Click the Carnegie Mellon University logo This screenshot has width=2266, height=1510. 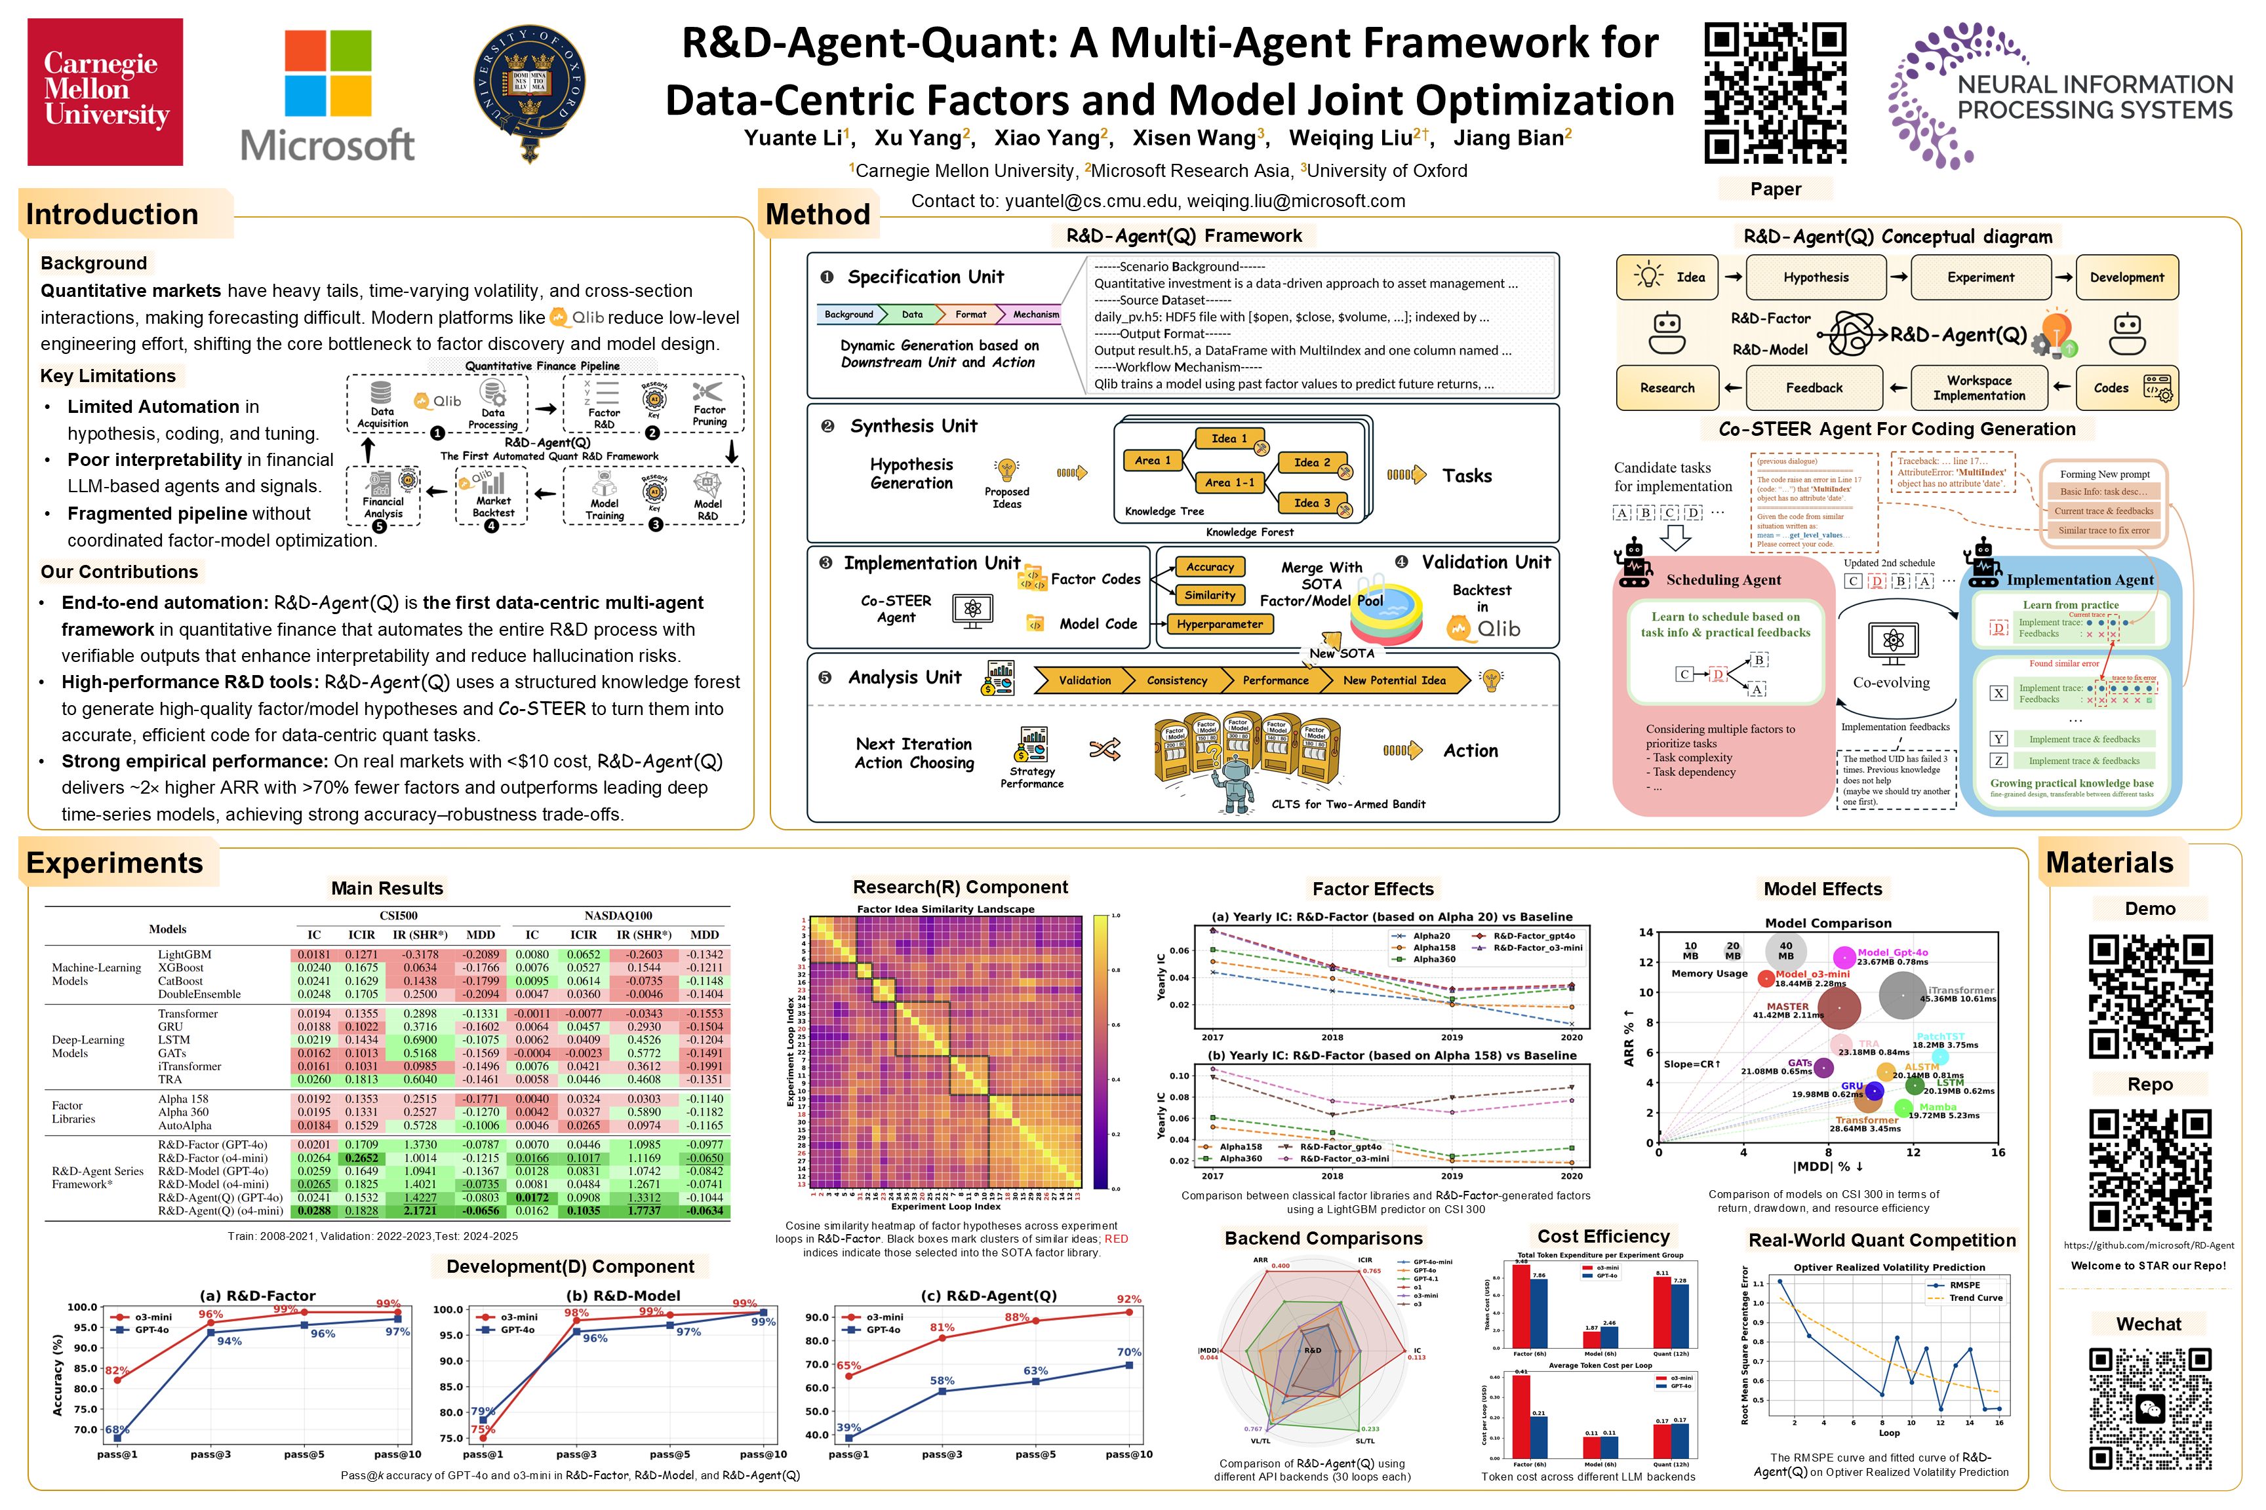(x=105, y=92)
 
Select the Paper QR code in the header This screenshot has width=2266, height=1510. (x=1775, y=94)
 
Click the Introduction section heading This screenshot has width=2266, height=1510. (x=113, y=214)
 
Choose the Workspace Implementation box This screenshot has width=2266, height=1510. (x=1978, y=388)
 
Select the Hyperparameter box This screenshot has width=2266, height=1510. (x=1219, y=624)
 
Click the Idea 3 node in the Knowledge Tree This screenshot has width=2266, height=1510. (x=1311, y=503)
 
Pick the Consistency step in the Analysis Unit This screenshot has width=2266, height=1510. (x=1176, y=680)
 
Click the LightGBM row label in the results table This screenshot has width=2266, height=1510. (x=184, y=954)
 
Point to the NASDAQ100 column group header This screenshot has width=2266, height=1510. (x=618, y=915)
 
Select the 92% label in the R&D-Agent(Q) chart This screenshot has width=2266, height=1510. (x=1128, y=1299)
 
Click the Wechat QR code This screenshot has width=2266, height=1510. (x=2149, y=1408)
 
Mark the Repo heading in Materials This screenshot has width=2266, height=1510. (x=2149, y=1085)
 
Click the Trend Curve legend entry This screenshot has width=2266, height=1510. (x=1975, y=1298)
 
